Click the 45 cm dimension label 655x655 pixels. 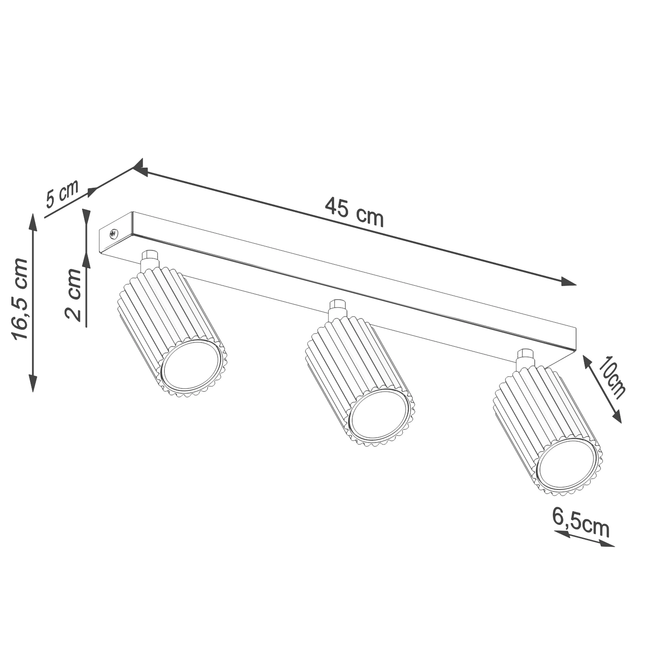tap(354, 212)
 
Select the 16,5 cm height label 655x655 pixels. tap(20, 299)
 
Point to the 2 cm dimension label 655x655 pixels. tap(72, 295)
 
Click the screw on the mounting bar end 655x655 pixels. tap(114, 234)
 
